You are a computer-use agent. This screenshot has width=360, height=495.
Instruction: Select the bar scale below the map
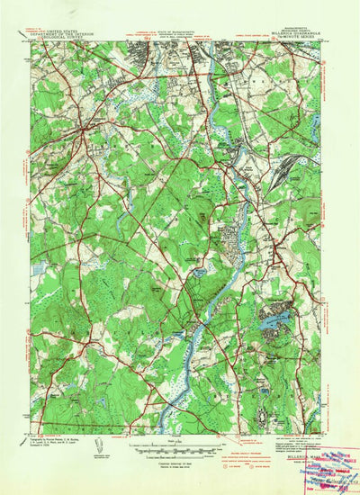click(181, 447)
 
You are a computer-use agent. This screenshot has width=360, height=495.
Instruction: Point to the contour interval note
click(181, 456)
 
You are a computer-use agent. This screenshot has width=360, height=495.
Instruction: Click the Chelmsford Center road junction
click(82, 133)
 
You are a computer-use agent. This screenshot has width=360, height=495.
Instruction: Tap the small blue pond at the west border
click(38, 267)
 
